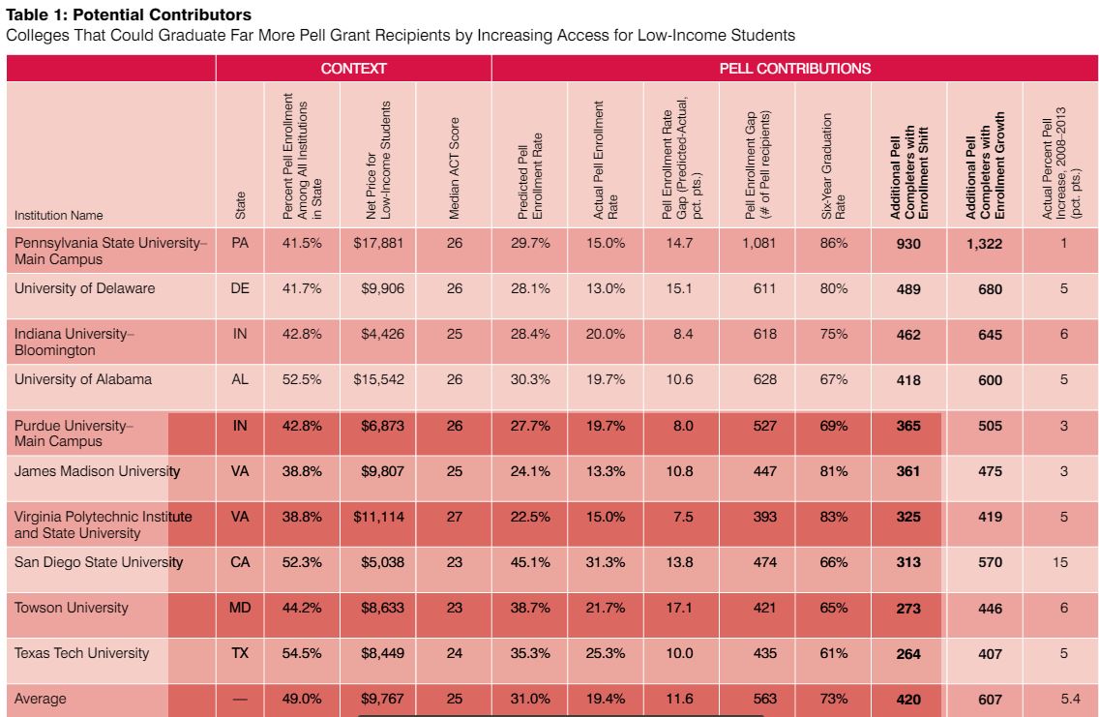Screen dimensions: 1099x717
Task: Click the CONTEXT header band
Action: point(353,69)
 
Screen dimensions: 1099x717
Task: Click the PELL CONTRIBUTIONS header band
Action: point(795,69)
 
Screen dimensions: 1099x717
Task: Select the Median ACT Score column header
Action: point(454,168)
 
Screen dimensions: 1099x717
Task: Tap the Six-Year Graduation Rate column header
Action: point(833,166)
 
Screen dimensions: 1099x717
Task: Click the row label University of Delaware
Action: point(85,288)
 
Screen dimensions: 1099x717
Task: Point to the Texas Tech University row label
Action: point(82,653)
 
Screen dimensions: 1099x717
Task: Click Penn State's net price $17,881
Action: point(378,243)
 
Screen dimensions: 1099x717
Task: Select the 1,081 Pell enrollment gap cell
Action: point(759,243)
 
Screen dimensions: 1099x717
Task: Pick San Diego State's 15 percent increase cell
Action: point(1059,562)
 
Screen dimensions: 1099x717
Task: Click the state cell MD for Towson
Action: point(240,608)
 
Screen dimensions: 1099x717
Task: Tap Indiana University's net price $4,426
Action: point(383,335)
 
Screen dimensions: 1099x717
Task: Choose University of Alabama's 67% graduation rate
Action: point(833,380)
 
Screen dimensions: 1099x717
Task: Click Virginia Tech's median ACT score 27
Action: point(454,517)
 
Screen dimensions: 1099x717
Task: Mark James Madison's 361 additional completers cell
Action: point(908,471)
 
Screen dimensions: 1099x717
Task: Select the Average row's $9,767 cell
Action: point(383,699)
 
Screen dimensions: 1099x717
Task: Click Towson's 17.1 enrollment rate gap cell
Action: point(679,608)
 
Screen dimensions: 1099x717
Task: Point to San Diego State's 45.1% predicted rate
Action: point(530,562)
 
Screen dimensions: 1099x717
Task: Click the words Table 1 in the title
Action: point(35,15)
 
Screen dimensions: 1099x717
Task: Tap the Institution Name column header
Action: point(59,215)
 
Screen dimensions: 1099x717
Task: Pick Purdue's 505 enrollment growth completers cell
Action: point(991,426)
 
